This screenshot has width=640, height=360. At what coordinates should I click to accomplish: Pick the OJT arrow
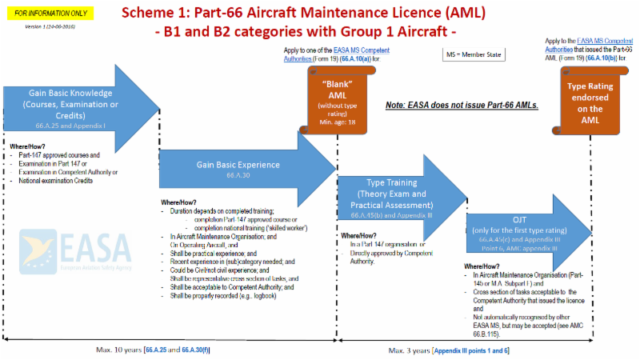528,228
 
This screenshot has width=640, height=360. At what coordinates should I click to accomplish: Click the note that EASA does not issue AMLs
462,105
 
